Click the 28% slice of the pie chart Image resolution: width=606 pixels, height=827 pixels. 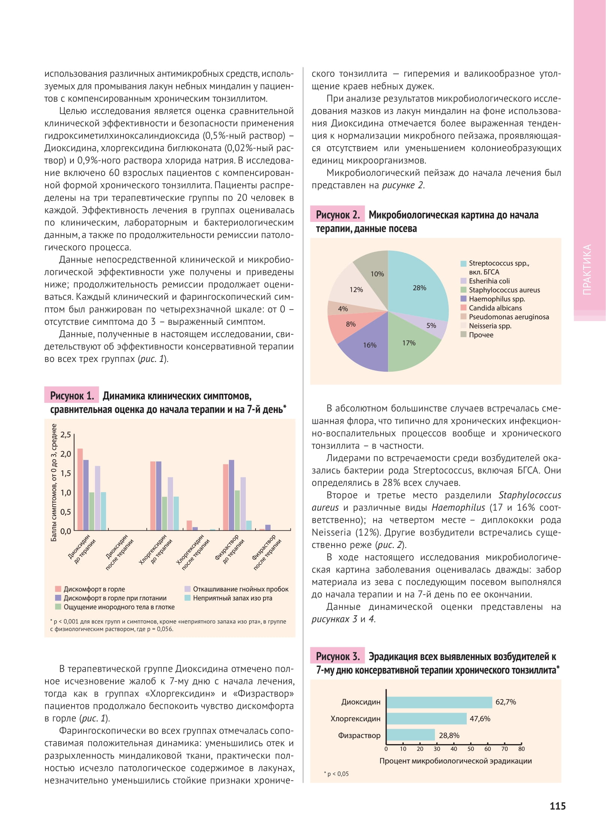click(x=417, y=285)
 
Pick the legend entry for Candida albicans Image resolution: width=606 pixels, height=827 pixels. click(x=495, y=308)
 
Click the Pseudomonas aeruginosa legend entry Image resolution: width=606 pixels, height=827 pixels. click(x=508, y=317)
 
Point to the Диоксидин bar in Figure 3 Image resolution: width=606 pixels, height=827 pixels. click(x=439, y=702)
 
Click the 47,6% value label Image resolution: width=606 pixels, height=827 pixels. click(x=480, y=719)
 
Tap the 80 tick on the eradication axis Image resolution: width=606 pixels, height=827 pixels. click(x=521, y=749)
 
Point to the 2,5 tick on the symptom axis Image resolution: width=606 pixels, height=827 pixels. click(x=66, y=435)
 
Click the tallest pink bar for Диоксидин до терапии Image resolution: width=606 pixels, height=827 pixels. click(x=80, y=489)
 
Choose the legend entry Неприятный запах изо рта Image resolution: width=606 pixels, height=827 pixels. click(x=232, y=598)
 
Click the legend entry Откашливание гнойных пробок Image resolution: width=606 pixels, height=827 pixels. click(x=241, y=589)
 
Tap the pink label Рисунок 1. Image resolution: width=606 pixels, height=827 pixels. click(x=72, y=396)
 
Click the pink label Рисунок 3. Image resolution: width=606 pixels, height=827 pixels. click(x=337, y=656)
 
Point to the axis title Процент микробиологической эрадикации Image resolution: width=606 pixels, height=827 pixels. click(x=456, y=761)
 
